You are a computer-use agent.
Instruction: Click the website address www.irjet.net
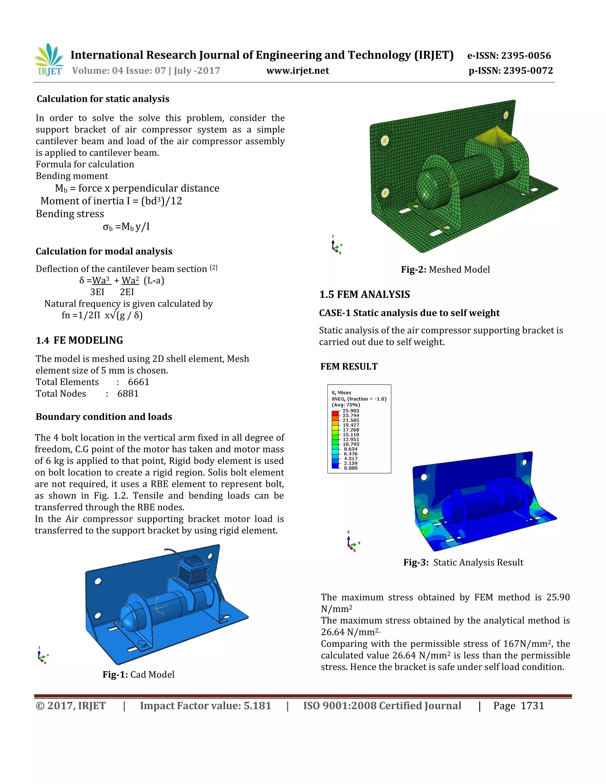(297, 71)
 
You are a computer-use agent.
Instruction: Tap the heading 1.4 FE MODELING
(79, 340)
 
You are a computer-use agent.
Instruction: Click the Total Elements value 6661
(138, 382)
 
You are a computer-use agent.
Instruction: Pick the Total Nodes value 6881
(128, 394)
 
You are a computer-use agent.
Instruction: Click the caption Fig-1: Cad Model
(138, 675)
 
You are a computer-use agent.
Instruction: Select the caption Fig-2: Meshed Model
(445, 270)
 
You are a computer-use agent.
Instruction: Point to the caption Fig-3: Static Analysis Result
(463, 562)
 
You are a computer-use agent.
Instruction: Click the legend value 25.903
(350, 411)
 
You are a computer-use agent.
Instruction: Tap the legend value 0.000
(350, 468)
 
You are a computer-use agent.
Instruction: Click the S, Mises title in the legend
(341, 393)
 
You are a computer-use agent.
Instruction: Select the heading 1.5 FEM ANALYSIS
(364, 295)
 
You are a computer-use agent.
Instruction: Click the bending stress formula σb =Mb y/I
(126, 227)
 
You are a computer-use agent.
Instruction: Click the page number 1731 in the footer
(532, 706)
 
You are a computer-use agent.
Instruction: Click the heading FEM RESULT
(349, 367)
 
